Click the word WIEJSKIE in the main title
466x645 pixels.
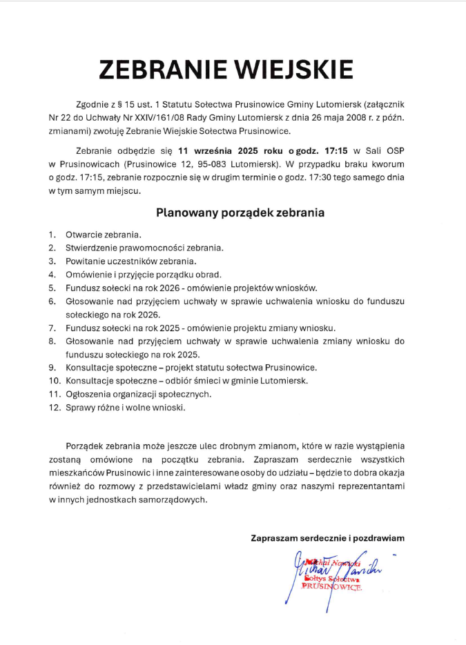[296, 70]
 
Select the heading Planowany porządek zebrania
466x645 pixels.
[240, 212]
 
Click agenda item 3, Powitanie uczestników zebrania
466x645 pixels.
[131, 261]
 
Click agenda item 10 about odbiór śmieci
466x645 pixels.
[186, 381]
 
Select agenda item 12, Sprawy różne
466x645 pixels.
[126, 407]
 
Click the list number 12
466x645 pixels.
[55, 407]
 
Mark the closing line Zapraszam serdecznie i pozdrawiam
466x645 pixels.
[327, 537]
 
